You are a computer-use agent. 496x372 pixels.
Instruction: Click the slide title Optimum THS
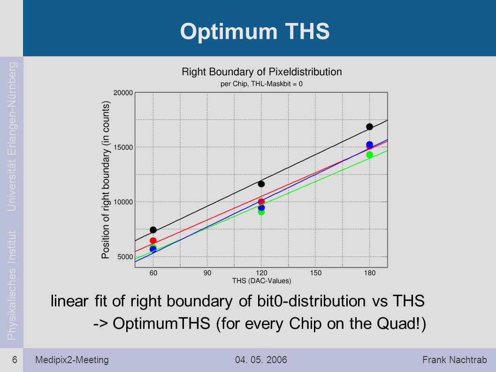(255, 31)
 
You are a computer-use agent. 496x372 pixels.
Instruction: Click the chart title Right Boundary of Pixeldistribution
(261, 72)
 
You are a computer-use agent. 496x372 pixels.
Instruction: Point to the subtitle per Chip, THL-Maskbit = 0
(261, 84)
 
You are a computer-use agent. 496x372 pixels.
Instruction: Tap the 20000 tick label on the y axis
(123, 93)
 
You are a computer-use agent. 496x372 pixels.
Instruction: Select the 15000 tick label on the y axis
(123, 147)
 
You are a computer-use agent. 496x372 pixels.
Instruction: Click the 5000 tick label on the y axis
(125, 257)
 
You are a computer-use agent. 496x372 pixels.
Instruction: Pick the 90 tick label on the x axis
(207, 273)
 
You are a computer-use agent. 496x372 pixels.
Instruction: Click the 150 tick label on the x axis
(315, 273)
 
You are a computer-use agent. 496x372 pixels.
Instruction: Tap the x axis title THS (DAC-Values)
(261, 281)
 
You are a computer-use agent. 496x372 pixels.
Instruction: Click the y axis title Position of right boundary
(105, 180)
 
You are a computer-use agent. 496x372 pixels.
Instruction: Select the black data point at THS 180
(369, 126)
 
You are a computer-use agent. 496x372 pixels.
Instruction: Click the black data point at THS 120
(261, 184)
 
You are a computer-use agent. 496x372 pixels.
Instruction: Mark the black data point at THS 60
(153, 230)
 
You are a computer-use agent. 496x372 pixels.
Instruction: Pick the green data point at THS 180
(369, 155)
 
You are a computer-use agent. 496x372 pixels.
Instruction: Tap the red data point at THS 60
(153, 241)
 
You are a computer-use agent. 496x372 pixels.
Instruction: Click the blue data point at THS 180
(369, 145)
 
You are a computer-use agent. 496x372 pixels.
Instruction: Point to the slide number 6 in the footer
(15, 360)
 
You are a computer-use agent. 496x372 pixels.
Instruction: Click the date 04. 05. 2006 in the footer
(261, 360)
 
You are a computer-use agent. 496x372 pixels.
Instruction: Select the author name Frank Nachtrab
(455, 360)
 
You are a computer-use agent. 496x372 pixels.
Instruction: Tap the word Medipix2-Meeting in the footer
(72, 360)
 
